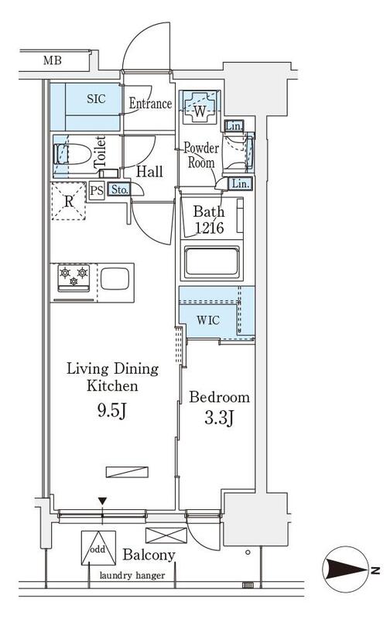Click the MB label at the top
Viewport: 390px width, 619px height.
tap(53, 61)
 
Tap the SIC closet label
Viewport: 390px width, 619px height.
tap(96, 98)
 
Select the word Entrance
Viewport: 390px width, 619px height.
tap(150, 104)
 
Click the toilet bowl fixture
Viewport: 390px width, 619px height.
tap(72, 154)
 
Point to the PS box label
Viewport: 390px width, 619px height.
tap(97, 190)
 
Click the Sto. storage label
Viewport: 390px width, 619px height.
tap(119, 190)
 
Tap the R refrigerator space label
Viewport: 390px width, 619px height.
tap(69, 201)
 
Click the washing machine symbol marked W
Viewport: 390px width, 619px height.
tap(200, 107)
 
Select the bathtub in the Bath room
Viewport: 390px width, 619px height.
tap(212, 262)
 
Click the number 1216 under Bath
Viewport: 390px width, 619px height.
tap(210, 227)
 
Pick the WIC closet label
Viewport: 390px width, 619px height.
tap(208, 320)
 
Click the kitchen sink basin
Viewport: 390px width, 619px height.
tap(115, 279)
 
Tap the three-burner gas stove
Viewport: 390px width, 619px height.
tap(74, 278)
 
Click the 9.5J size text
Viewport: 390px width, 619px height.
tap(111, 412)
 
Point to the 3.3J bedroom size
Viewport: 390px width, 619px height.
tap(219, 418)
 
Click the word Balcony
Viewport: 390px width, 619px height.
tap(149, 555)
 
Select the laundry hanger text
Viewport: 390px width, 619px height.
tap(132, 576)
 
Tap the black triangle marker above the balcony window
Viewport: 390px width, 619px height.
tap(103, 501)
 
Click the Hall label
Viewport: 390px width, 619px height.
tap(149, 171)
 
